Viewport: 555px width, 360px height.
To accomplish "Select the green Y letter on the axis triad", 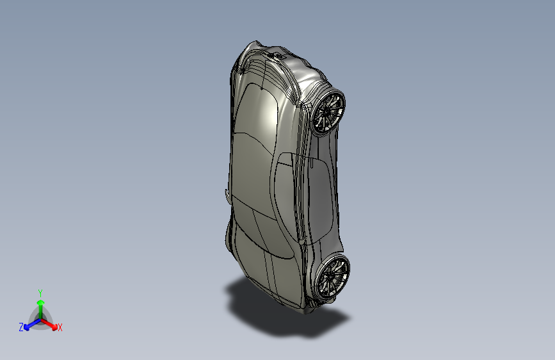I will point(40,292).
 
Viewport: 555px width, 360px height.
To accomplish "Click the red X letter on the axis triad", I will point(60,328).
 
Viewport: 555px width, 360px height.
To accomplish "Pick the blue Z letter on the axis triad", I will point(21,327).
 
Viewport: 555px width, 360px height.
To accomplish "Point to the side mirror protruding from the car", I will point(226,193).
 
